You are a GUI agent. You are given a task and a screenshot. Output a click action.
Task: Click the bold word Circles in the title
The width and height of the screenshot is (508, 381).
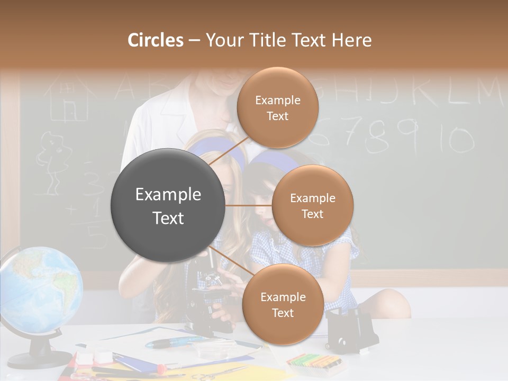point(156,40)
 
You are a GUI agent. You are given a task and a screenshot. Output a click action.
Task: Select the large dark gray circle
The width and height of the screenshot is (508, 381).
point(168,205)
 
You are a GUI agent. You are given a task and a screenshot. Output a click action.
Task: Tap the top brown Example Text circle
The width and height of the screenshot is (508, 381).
point(277,107)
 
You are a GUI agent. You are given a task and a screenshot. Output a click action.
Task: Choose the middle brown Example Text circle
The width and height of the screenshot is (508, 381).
point(312,205)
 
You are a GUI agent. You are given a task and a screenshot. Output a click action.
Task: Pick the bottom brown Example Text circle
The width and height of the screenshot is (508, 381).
point(283,304)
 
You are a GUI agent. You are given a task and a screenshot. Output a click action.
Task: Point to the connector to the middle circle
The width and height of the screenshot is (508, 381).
point(249,205)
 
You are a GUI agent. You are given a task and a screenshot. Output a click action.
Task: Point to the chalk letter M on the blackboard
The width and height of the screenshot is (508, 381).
point(487,92)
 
